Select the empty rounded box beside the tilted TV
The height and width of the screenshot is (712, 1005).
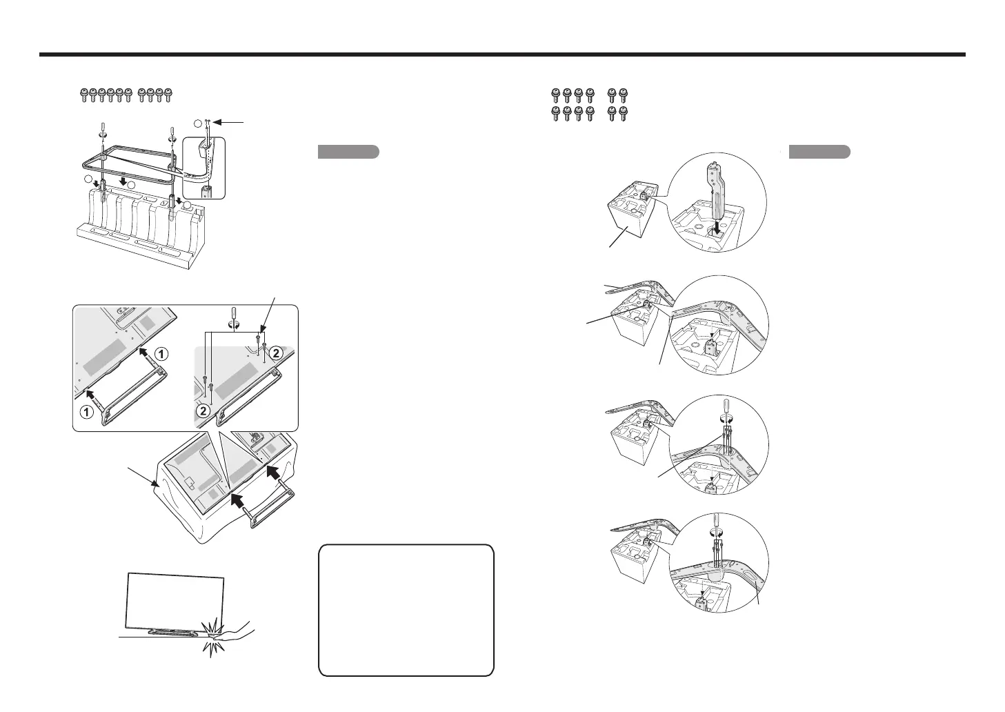point(406,610)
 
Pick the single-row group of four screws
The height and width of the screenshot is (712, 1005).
point(159,95)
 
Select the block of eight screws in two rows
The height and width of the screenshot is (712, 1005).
point(573,104)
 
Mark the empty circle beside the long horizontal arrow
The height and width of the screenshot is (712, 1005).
point(199,123)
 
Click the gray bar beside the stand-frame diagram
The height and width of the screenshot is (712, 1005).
point(348,152)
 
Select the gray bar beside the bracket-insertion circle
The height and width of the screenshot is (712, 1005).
point(819,152)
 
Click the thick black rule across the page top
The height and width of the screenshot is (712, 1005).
point(502,55)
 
